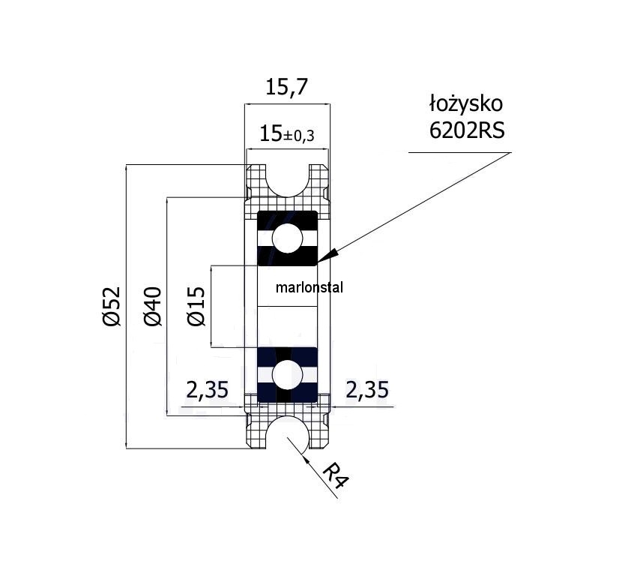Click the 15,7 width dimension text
(x=286, y=88)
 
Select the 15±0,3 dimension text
(x=286, y=135)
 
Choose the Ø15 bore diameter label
(x=196, y=307)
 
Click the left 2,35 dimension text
(x=207, y=390)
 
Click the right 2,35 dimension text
(x=366, y=390)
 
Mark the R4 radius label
(x=337, y=475)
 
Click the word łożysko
(x=465, y=103)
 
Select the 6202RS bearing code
(x=466, y=130)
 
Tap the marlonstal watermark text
(x=309, y=287)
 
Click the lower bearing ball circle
(x=288, y=373)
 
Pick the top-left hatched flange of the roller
(x=258, y=180)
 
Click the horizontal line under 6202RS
(x=459, y=152)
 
